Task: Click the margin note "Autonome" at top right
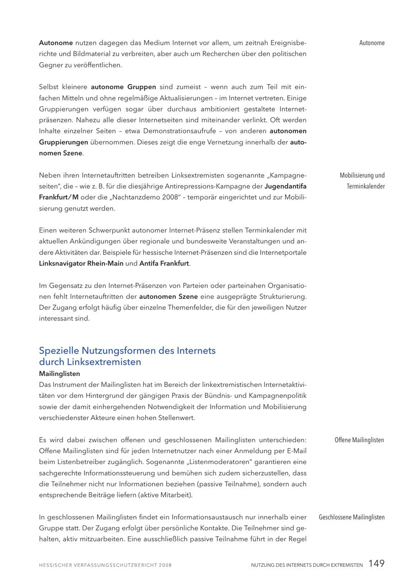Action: tap(372, 43)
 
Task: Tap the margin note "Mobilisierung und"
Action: tap(362, 175)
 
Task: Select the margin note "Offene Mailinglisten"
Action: tap(359, 440)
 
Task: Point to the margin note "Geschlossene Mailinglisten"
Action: tap(352, 518)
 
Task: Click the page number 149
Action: tap(376, 564)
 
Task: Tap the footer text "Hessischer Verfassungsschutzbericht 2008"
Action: tap(105, 565)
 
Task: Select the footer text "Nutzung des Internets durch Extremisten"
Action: tap(307, 565)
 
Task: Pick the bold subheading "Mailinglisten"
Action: tap(59, 374)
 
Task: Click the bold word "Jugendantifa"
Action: tap(285, 186)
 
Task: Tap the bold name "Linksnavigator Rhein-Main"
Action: tap(81, 264)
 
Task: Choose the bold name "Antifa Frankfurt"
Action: tap(164, 264)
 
